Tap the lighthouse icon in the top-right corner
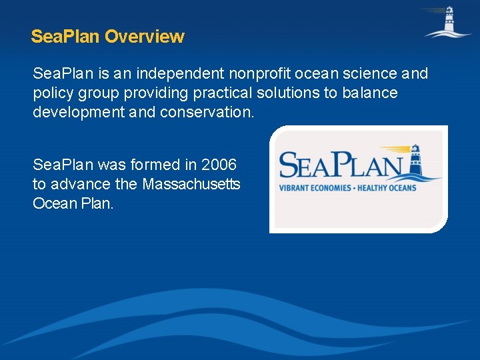(447, 21)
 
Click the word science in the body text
(361, 73)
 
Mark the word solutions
(287, 93)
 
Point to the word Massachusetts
(193, 184)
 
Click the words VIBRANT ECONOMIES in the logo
(315, 187)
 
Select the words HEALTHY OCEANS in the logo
(387, 187)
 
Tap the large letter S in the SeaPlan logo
(292, 166)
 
